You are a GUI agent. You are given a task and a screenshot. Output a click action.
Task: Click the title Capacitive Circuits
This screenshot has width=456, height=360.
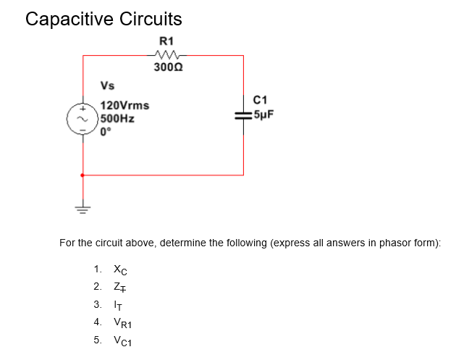(x=104, y=19)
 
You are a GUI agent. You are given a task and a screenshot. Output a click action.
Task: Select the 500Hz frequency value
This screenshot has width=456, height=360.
(x=117, y=119)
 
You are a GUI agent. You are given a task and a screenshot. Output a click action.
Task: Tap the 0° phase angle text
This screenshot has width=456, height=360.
(x=106, y=132)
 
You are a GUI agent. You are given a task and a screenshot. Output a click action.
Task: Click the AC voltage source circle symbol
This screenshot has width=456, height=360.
(x=83, y=119)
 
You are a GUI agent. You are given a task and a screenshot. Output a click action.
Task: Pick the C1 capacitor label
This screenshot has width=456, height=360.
(x=261, y=99)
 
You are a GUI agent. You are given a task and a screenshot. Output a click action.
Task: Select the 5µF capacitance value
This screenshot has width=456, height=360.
(x=263, y=114)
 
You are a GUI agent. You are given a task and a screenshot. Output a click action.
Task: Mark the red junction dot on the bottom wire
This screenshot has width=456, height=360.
(x=83, y=175)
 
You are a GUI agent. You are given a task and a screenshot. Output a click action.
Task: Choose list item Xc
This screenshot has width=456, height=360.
(x=120, y=269)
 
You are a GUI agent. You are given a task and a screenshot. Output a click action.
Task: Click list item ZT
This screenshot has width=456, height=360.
(x=120, y=286)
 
